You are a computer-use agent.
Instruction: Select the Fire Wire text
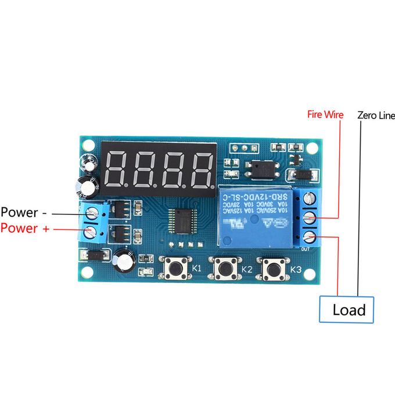(325, 115)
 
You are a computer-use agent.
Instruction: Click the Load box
(349, 309)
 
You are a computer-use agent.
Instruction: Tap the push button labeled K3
(271, 268)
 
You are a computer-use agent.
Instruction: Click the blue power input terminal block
(93, 222)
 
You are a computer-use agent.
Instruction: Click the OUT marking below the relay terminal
(306, 249)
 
